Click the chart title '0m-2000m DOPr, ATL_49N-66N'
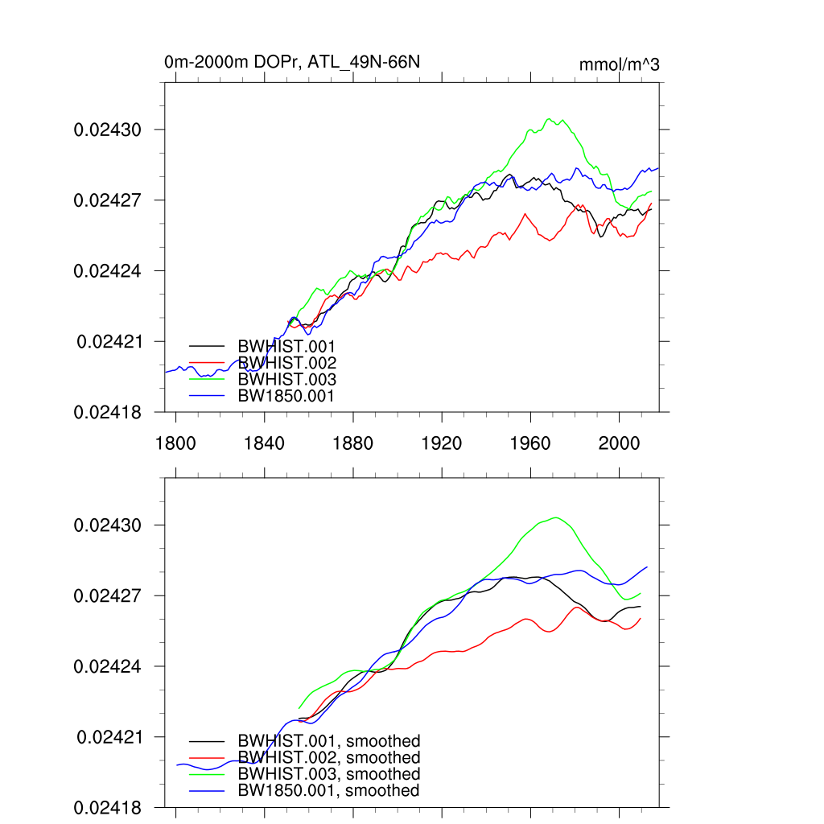pyautogui.click(x=292, y=62)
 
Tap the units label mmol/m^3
pyautogui.click(x=619, y=64)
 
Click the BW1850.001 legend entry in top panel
pyautogui.click(x=286, y=395)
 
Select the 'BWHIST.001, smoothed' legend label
pyautogui.click(x=328, y=741)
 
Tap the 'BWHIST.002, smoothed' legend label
pyautogui.click(x=328, y=758)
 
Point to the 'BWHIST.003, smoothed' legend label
pyautogui.click(x=328, y=774)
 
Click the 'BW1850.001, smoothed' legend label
pyautogui.click(x=328, y=791)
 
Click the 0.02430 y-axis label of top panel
pyautogui.click(x=108, y=130)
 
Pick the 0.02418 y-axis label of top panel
pyautogui.click(x=108, y=412)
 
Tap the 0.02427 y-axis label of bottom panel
pyautogui.click(x=108, y=596)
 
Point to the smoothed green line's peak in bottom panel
pyautogui.click(x=555, y=517)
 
